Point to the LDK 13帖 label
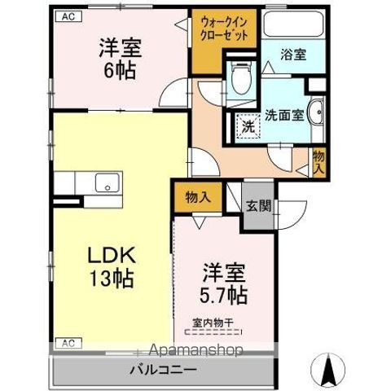click(112, 266)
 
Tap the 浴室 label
click(294, 56)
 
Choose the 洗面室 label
click(284, 115)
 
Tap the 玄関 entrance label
click(260, 204)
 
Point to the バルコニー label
click(162, 371)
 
